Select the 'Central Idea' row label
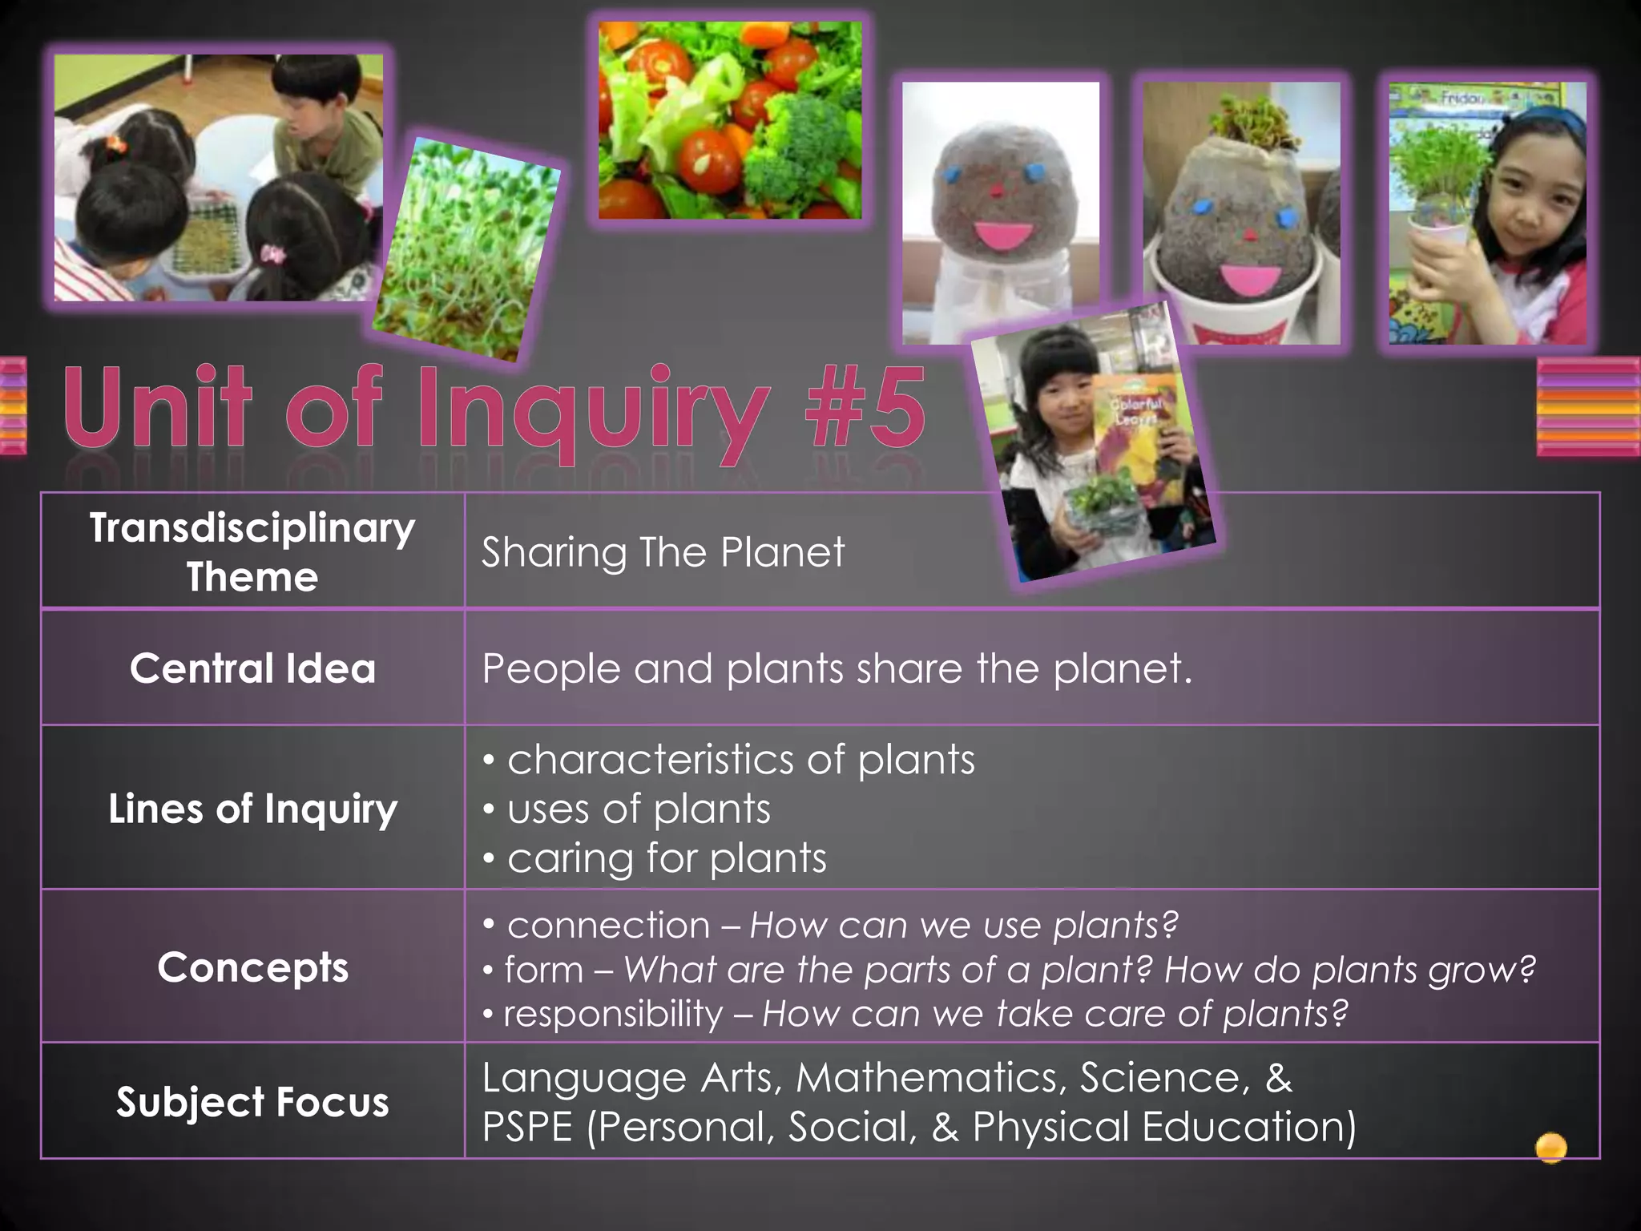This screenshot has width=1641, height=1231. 252,668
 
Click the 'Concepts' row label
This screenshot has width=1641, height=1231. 252,967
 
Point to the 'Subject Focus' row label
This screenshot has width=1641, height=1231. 252,1102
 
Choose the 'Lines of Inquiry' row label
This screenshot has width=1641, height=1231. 252,809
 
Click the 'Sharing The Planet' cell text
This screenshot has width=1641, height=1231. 663,552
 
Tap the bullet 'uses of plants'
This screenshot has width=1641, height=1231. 639,809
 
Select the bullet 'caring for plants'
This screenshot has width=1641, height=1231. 667,858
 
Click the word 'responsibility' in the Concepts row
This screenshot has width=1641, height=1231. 613,1014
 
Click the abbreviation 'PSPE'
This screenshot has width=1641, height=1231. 527,1127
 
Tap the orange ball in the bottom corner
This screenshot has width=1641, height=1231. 1550,1147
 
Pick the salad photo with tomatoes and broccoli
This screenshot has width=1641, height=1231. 730,120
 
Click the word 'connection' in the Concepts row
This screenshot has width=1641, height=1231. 608,926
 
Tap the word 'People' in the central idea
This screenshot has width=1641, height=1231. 550,668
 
